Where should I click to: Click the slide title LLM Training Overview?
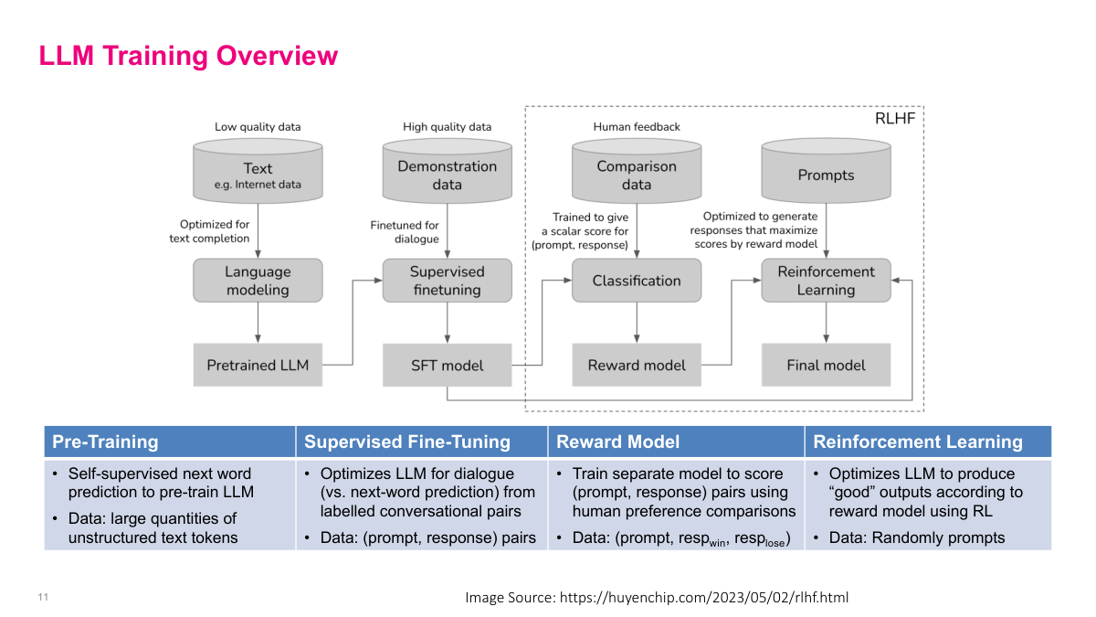click(x=188, y=56)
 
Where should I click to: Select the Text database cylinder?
click(x=258, y=174)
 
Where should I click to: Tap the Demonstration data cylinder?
click(x=448, y=174)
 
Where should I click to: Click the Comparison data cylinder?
click(x=637, y=174)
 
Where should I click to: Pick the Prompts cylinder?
click(x=826, y=174)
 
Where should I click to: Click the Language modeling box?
click(x=258, y=281)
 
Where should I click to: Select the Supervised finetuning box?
click(x=448, y=281)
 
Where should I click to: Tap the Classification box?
click(x=637, y=281)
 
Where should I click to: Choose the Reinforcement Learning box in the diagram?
click(x=826, y=281)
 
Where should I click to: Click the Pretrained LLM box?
click(x=258, y=365)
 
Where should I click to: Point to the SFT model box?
click(x=448, y=365)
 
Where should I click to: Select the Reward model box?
click(x=637, y=365)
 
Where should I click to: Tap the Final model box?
click(x=826, y=365)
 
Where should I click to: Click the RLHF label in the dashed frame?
click(x=896, y=118)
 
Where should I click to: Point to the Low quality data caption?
click(x=258, y=127)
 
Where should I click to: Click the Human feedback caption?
click(x=637, y=127)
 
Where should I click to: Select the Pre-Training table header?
click(x=105, y=441)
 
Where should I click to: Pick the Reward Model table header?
click(x=618, y=441)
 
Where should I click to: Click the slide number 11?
click(x=43, y=597)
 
